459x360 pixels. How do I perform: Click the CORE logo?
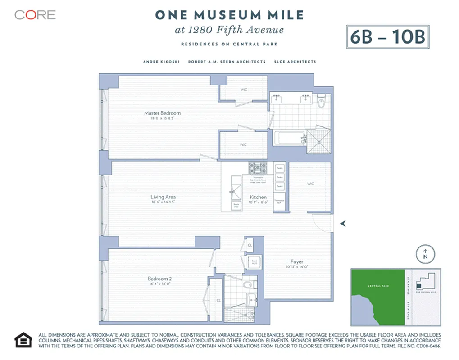tap(35, 15)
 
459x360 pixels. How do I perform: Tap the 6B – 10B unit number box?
tap(387, 37)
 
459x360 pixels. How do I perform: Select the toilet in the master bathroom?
tap(322, 102)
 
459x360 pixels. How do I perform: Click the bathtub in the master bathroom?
tap(288, 138)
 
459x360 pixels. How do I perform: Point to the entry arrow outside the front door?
tap(343, 223)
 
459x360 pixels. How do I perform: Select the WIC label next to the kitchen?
tap(310, 184)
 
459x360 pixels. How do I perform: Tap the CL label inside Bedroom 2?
tap(218, 300)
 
